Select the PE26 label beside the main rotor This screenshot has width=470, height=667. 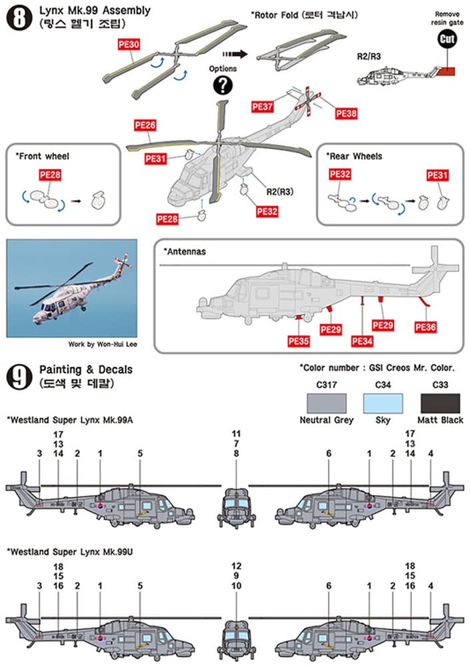click(145, 125)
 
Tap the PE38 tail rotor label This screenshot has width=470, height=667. click(346, 113)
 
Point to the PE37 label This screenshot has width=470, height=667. click(263, 106)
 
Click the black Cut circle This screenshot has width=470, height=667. click(447, 39)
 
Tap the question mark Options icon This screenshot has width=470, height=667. click(223, 85)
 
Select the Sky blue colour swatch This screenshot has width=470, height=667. click(383, 403)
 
